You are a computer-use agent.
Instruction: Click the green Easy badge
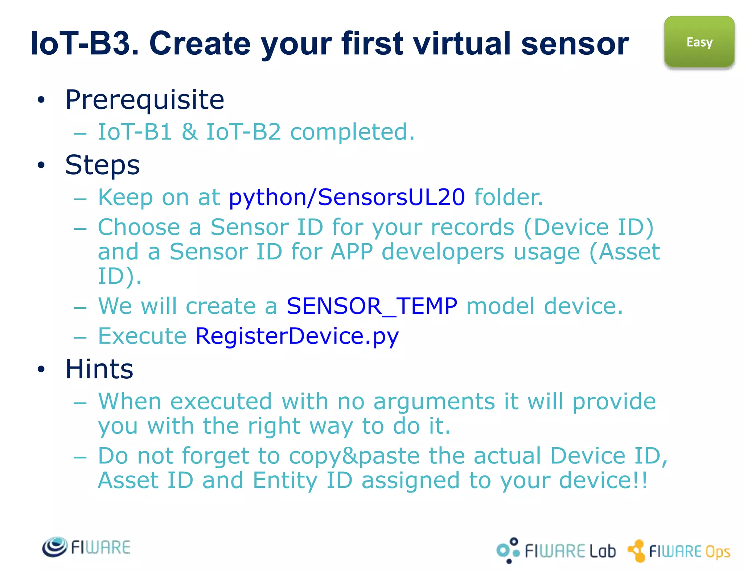[x=699, y=42]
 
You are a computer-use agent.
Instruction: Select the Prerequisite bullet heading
[x=144, y=100]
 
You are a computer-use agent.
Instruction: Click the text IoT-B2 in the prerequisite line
[x=243, y=132]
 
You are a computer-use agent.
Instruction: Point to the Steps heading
[x=102, y=165]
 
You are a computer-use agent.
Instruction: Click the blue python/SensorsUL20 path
[x=346, y=197]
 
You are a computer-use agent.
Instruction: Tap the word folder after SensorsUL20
[x=509, y=197]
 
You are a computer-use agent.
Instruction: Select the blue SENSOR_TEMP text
[x=371, y=306]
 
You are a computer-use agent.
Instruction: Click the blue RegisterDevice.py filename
[x=297, y=336]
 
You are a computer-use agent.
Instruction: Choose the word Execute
[x=142, y=336]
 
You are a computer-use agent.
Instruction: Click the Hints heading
[x=99, y=369]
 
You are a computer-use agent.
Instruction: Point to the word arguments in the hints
[x=434, y=402]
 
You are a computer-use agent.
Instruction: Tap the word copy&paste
[x=354, y=456]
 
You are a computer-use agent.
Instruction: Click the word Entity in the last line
[x=285, y=480]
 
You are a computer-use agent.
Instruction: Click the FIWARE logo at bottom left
[x=86, y=547]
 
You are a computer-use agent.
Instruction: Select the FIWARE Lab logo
[x=556, y=550]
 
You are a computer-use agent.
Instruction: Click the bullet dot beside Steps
[x=41, y=165]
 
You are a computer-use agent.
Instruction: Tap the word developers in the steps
[x=443, y=252]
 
